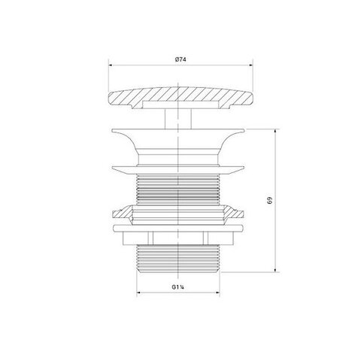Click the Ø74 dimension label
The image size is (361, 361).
coord(180,59)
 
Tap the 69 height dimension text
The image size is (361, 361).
coord(270,201)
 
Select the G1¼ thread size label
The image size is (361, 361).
coord(178,287)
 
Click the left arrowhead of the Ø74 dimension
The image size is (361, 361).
coord(110,65)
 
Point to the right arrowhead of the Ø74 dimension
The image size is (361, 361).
coord(251,65)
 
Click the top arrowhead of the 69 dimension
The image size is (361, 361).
coord(275,131)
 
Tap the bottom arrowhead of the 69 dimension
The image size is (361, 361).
coord(275,270)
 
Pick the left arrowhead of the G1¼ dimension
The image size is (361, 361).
coord(138,293)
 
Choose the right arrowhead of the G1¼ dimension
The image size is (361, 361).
coord(217,293)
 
